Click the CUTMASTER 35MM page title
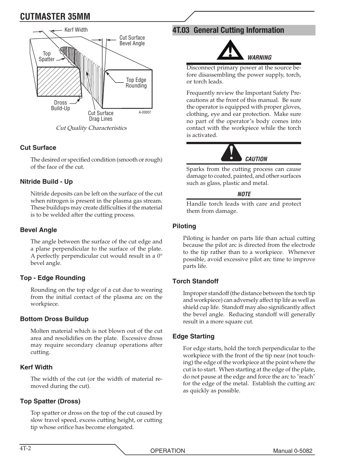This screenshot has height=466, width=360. click(x=55, y=16)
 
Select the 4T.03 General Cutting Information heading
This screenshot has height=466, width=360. click(x=228, y=30)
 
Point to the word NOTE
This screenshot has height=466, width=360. click(x=244, y=194)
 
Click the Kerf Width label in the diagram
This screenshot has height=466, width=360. click(x=76, y=30)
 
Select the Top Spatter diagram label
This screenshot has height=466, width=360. click(x=46, y=57)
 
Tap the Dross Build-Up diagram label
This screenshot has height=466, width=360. click(x=60, y=106)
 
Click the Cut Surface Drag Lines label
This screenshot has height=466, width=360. click(x=100, y=116)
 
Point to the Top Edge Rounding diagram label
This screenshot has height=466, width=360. click(x=136, y=83)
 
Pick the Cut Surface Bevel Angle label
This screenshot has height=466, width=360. click(x=132, y=40)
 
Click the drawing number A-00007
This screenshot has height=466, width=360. click(x=145, y=112)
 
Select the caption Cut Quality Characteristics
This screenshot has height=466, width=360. click(x=91, y=128)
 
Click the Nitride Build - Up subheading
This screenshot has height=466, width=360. click(x=46, y=181)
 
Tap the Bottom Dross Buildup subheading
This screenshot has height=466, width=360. click(x=54, y=319)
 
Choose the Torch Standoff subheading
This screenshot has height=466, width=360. click(x=195, y=281)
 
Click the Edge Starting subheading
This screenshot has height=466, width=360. click(x=193, y=336)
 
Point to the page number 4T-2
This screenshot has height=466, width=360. click(x=25, y=449)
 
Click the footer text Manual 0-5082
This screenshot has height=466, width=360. click(x=293, y=451)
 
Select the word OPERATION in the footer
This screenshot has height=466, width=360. click(x=168, y=451)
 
